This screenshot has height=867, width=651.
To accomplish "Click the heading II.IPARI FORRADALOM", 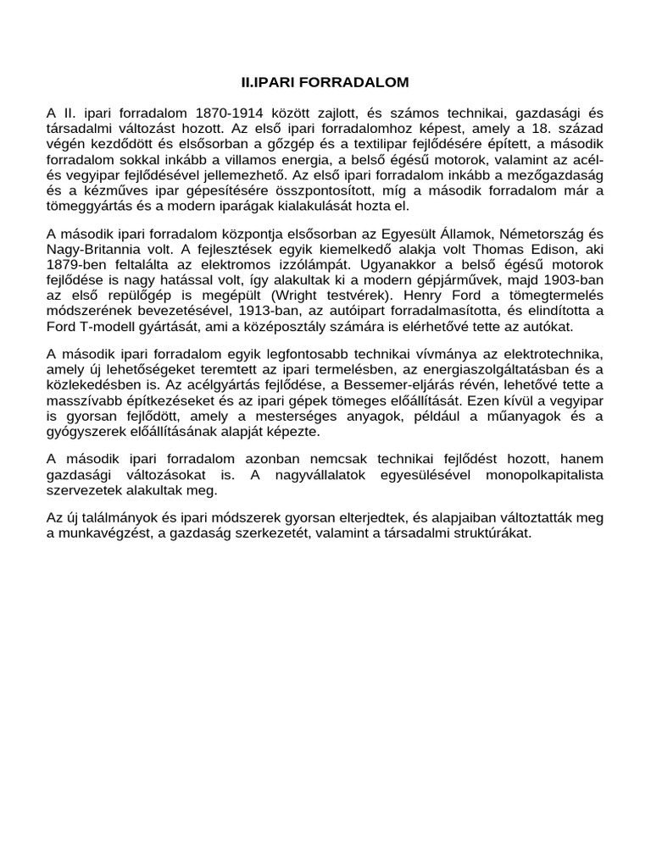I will (x=325, y=82).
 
